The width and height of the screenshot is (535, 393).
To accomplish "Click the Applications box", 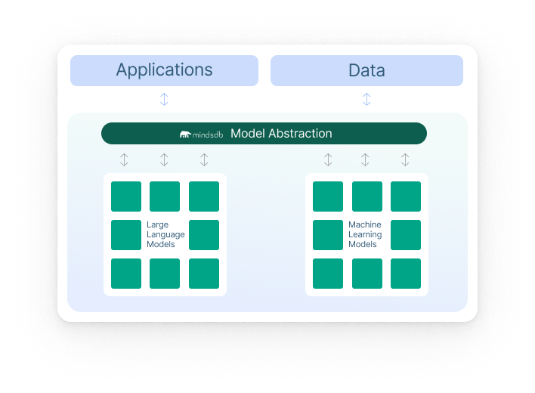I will pyautogui.click(x=164, y=70).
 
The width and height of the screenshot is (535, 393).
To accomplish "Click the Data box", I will pyautogui.click(x=366, y=70).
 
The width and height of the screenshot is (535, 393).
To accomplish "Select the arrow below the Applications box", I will pyautogui.click(x=164, y=99).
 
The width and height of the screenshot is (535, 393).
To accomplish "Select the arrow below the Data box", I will pyautogui.click(x=366, y=99).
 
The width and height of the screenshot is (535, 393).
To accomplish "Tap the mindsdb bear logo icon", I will pyautogui.click(x=186, y=135).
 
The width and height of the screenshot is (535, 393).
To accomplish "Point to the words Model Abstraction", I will pyautogui.click(x=281, y=134).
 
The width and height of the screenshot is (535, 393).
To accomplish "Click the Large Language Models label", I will pyautogui.click(x=165, y=234).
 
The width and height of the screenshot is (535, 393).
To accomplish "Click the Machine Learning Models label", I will pyautogui.click(x=365, y=234).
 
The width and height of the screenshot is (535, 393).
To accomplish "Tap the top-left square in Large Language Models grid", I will pyautogui.click(x=126, y=196).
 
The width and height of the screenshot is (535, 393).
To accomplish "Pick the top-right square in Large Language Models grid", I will pyautogui.click(x=204, y=196).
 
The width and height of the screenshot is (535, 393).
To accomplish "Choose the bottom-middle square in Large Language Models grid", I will pyautogui.click(x=165, y=274).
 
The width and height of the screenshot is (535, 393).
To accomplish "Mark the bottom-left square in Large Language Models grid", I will pyautogui.click(x=126, y=274).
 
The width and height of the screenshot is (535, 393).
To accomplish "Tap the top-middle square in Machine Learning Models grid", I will pyautogui.click(x=367, y=196).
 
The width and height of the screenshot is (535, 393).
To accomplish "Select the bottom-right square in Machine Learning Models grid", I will pyautogui.click(x=406, y=274).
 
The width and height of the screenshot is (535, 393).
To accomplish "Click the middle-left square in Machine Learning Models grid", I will pyautogui.click(x=328, y=235).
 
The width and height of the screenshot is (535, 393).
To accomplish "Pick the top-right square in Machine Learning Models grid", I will pyautogui.click(x=406, y=196).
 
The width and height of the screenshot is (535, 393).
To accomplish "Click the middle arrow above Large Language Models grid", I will pyautogui.click(x=164, y=159).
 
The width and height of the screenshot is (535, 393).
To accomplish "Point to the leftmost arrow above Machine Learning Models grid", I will pyautogui.click(x=328, y=159).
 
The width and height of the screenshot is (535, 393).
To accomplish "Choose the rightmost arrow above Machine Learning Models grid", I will pyautogui.click(x=405, y=159).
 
